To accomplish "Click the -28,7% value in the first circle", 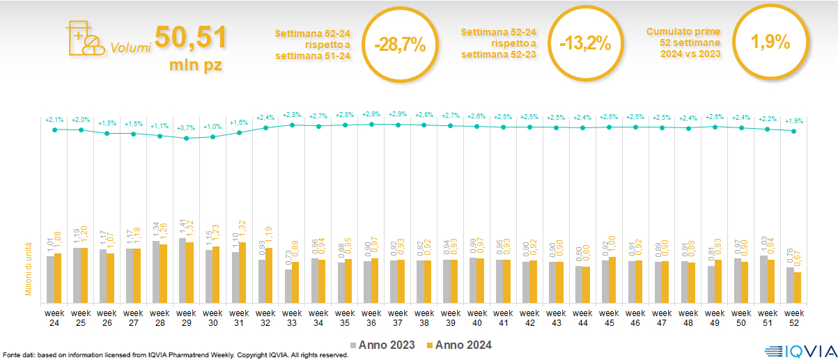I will tap(399, 45).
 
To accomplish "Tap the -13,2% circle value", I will tap(585, 45).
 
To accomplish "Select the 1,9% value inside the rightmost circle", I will tap(770, 42).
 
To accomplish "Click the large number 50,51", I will tap(190, 38).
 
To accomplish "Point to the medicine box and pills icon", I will tap(84, 38).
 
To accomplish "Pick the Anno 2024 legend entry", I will tap(459, 345).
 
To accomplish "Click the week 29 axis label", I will tap(187, 317).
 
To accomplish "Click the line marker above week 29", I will tap(187, 139).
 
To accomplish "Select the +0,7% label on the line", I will tap(187, 128).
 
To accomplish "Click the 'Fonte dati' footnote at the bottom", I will tap(174, 355).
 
